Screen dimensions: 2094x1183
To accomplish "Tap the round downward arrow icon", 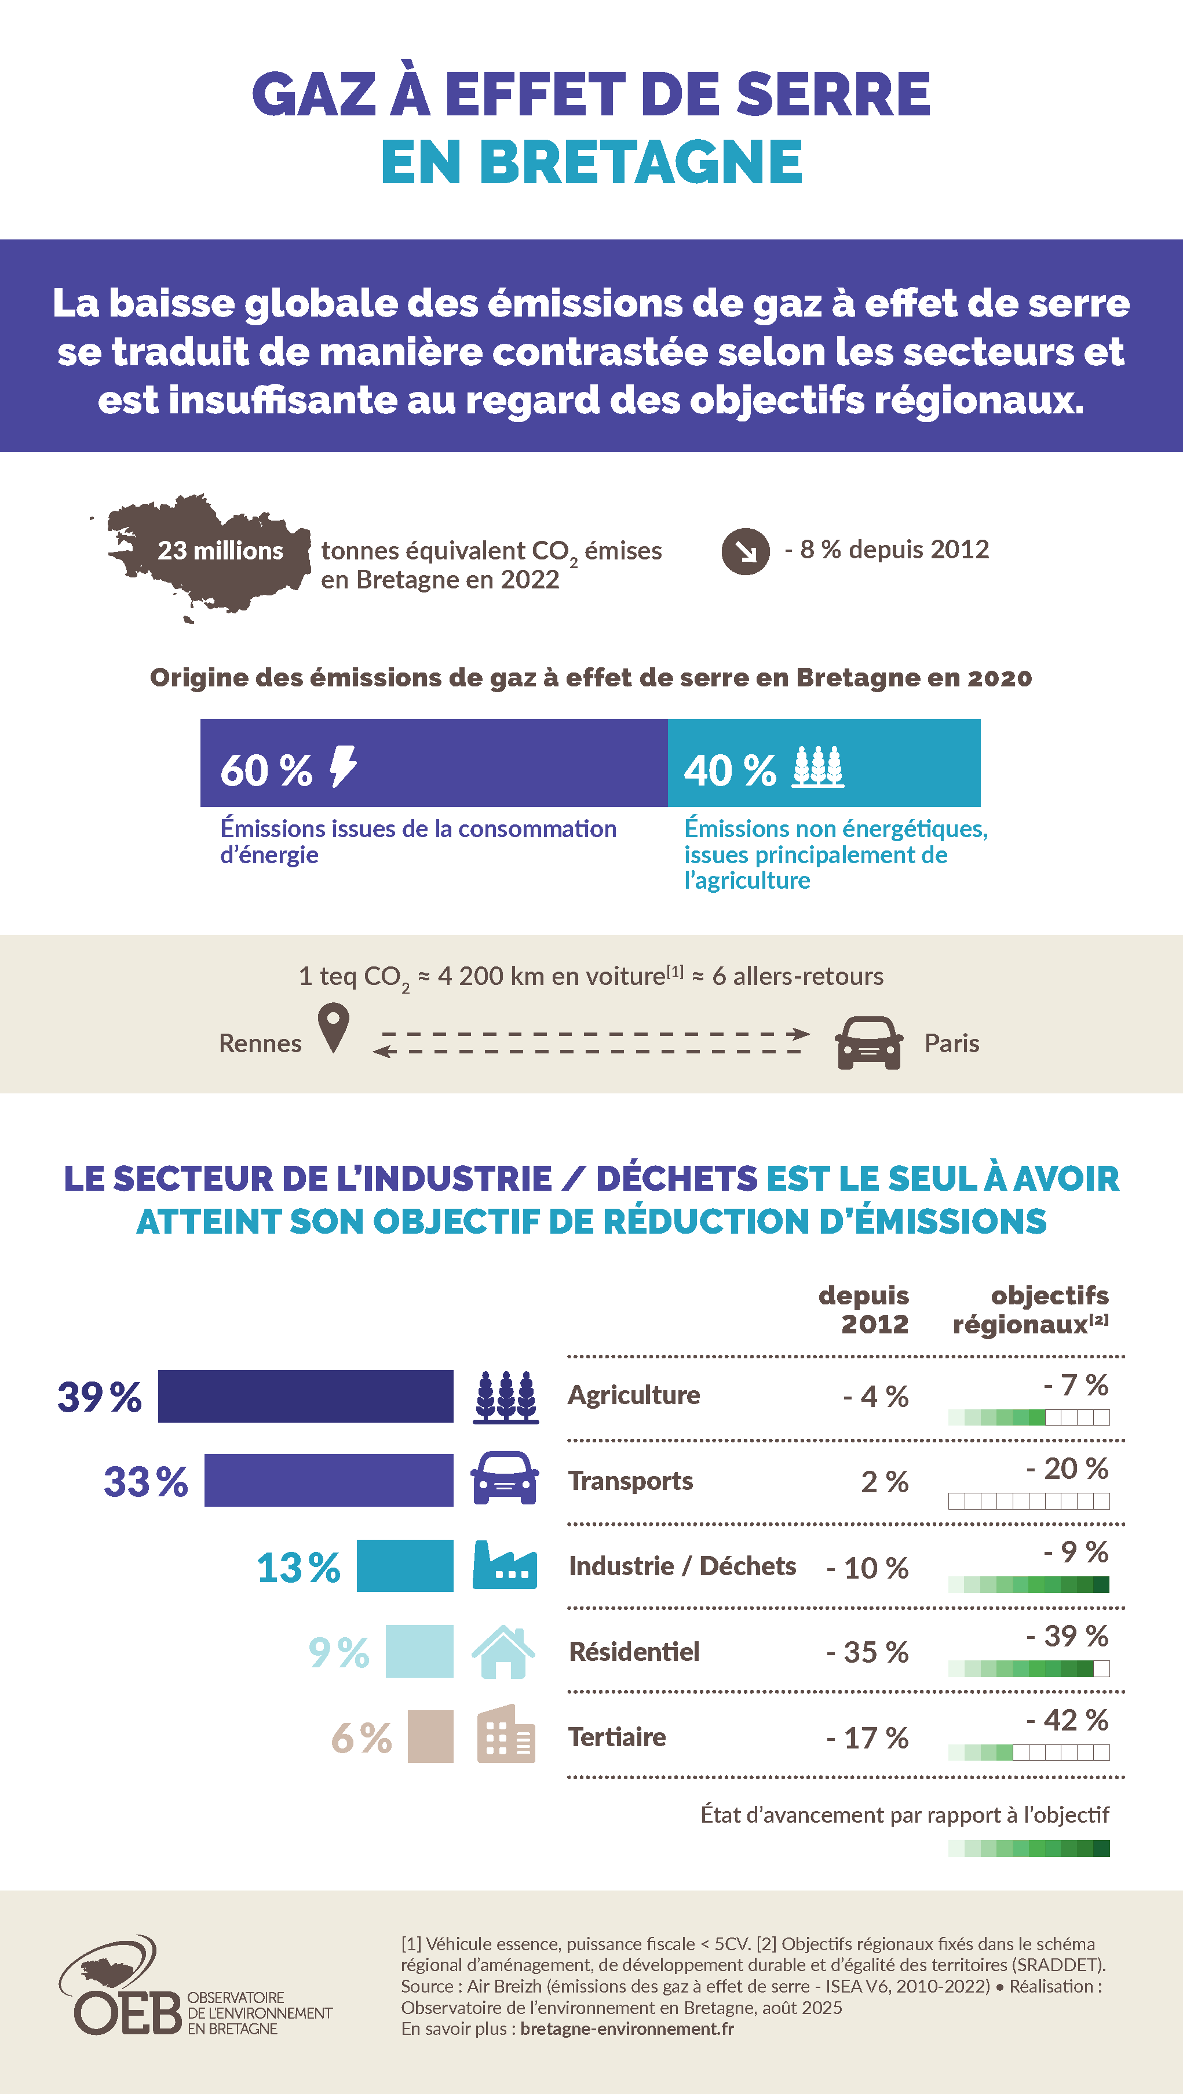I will point(745,551).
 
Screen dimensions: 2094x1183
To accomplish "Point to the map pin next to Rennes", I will point(333,1027).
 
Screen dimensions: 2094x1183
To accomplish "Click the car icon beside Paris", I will point(868,1042).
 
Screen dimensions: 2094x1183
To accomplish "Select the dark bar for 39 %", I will point(305,1396).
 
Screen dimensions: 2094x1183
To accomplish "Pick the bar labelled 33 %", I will point(328,1480).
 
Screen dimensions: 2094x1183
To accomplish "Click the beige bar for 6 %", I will point(430,1736).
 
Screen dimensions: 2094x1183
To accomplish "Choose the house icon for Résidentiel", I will point(504,1652).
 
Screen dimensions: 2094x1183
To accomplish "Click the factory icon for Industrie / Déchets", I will point(505,1565).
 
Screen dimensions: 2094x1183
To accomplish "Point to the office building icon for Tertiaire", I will point(505,1735).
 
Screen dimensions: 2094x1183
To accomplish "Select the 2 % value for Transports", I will point(884,1482).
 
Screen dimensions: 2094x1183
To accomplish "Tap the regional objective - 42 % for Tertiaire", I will point(1067,1720).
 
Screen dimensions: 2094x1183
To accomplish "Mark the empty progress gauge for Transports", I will point(1029,1502).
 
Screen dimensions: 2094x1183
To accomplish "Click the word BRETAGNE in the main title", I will point(640,161).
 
